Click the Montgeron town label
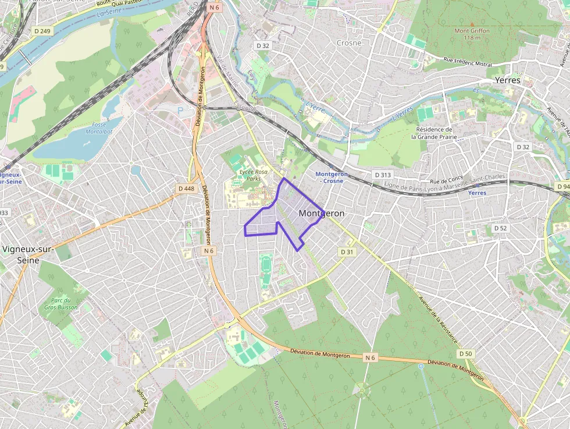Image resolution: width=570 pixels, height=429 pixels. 321,214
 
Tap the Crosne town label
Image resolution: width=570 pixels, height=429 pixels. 349,42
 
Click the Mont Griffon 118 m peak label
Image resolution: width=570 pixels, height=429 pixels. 472,34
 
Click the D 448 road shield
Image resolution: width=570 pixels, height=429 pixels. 186,189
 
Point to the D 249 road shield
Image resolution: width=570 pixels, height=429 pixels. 42,31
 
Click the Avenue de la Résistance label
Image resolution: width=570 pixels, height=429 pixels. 438,320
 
